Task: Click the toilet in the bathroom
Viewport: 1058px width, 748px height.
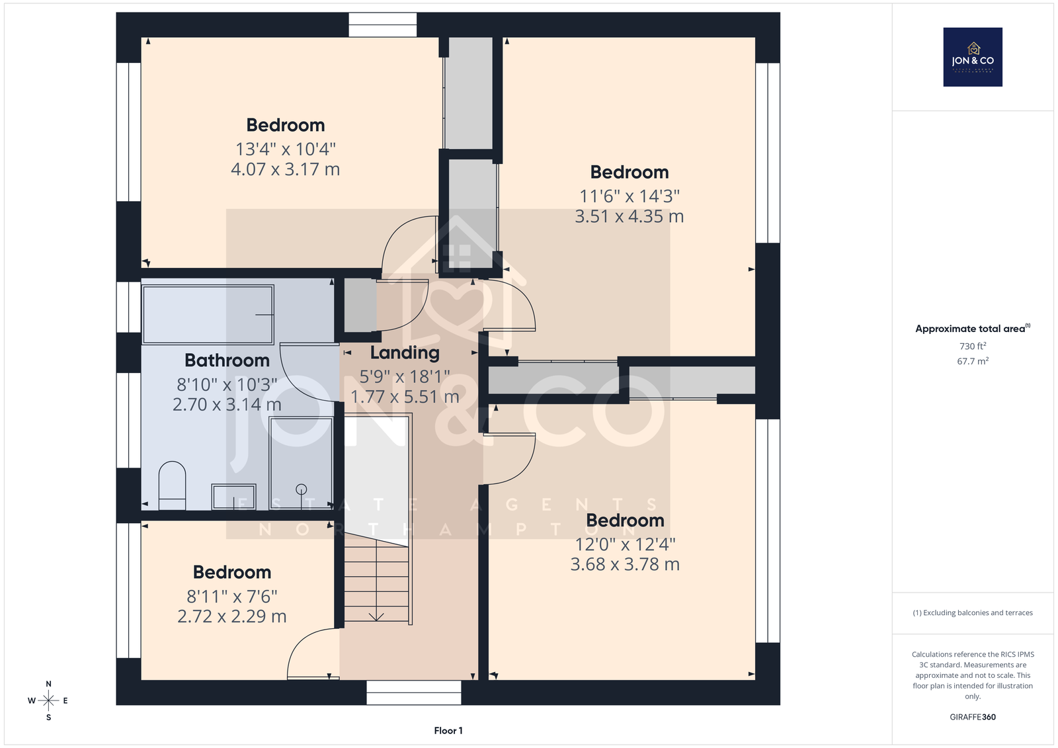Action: (x=172, y=485)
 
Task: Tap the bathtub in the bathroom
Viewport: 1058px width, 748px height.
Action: (x=208, y=314)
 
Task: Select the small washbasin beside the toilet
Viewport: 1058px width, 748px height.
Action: (x=233, y=496)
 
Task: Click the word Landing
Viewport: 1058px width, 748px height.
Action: (x=405, y=353)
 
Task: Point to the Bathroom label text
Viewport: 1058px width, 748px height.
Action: (x=227, y=360)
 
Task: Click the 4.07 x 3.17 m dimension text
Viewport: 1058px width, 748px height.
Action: (x=285, y=169)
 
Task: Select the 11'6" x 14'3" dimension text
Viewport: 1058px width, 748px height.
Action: (x=629, y=196)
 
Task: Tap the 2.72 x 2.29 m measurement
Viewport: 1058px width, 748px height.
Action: (x=232, y=616)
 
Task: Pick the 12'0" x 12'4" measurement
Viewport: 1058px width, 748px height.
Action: (x=625, y=544)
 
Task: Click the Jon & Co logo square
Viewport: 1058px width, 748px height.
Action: (x=973, y=57)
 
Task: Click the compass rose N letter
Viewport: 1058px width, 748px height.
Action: (x=49, y=684)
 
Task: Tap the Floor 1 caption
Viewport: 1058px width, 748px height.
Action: (x=448, y=731)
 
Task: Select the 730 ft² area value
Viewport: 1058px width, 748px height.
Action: (x=973, y=346)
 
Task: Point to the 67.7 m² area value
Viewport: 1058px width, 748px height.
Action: (x=973, y=361)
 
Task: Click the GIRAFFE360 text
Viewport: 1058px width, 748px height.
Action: (x=973, y=717)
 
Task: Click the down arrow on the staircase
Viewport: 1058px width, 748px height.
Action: (x=376, y=616)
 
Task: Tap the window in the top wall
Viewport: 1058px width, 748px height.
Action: (x=383, y=24)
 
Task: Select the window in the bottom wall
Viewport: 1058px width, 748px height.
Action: (x=414, y=692)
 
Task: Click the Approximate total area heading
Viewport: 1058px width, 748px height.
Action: (x=973, y=329)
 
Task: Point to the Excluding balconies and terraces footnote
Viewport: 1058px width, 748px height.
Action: (x=973, y=613)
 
